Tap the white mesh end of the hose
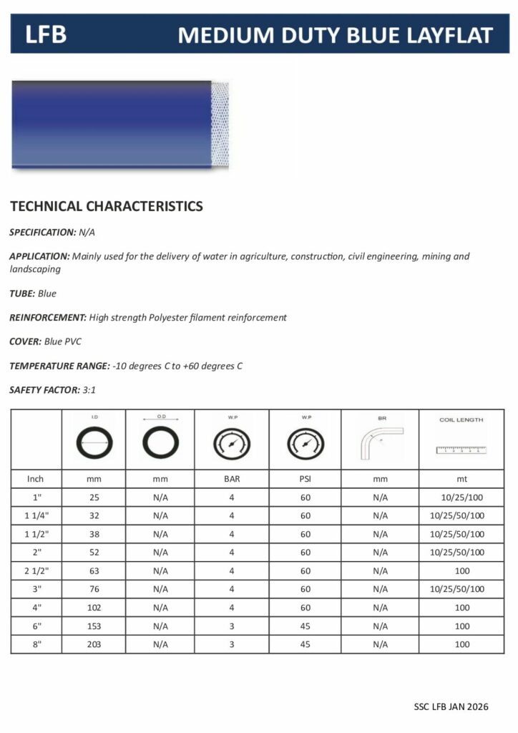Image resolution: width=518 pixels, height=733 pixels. coord(220,125)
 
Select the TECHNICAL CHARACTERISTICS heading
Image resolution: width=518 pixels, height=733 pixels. coord(107,207)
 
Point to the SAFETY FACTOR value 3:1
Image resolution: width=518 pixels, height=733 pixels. coord(89,390)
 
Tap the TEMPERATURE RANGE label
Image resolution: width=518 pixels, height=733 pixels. coord(59,366)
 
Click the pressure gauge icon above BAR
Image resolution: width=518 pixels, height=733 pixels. coord(232,445)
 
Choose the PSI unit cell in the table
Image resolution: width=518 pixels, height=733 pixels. coord(305,478)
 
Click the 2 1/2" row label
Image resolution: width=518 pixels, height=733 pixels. coord(36,571)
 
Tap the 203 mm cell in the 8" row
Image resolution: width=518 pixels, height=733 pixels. coord(94,644)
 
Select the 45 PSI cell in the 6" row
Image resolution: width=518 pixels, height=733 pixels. coord(305,626)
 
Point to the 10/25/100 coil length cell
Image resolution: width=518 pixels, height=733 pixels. coord(462,497)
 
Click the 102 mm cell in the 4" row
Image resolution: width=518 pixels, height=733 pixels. coord(94,607)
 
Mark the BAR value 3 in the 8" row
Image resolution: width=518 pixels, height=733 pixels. coord(232,644)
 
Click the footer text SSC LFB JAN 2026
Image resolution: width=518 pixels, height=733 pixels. coord(451,707)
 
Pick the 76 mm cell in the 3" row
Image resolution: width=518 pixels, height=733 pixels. coord(94,589)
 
